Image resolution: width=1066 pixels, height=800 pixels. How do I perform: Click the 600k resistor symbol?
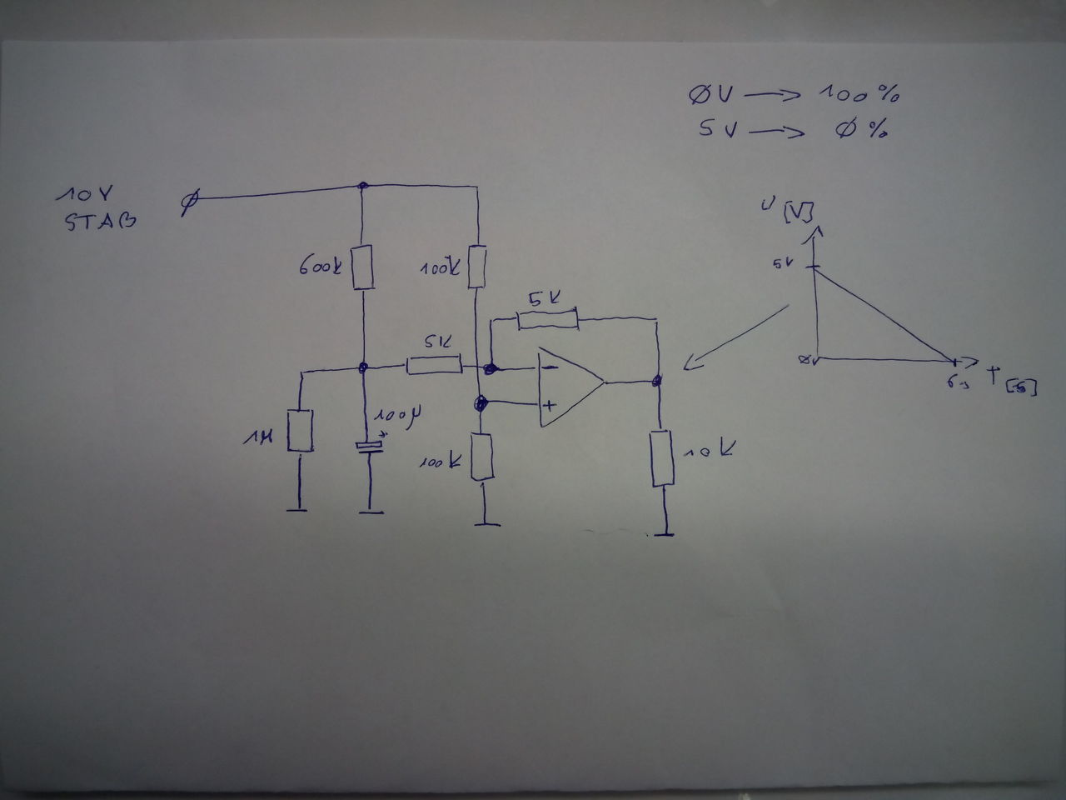(x=363, y=267)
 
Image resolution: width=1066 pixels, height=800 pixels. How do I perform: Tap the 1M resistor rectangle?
(x=300, y=430)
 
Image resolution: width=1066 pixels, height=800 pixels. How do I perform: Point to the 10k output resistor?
(x=662, y=457)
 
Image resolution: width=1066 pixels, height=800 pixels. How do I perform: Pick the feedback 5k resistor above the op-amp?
(x=546, y=319)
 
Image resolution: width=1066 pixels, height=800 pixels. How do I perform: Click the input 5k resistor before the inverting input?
(x=434, y=364)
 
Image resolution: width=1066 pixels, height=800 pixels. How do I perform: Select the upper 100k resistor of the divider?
(x=477, y=267)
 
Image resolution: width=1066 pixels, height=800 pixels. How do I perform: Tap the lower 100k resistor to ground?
(x=481, y=457)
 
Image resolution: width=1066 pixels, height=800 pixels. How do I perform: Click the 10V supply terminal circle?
(x=190, y=200)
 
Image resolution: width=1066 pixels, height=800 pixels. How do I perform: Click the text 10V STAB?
(x=98, y=209)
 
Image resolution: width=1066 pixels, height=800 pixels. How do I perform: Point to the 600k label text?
(x=320, y=269)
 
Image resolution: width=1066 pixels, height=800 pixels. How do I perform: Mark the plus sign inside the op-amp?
(x=550, y=406)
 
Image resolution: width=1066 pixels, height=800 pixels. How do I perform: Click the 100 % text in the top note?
(x=858, y=93)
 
